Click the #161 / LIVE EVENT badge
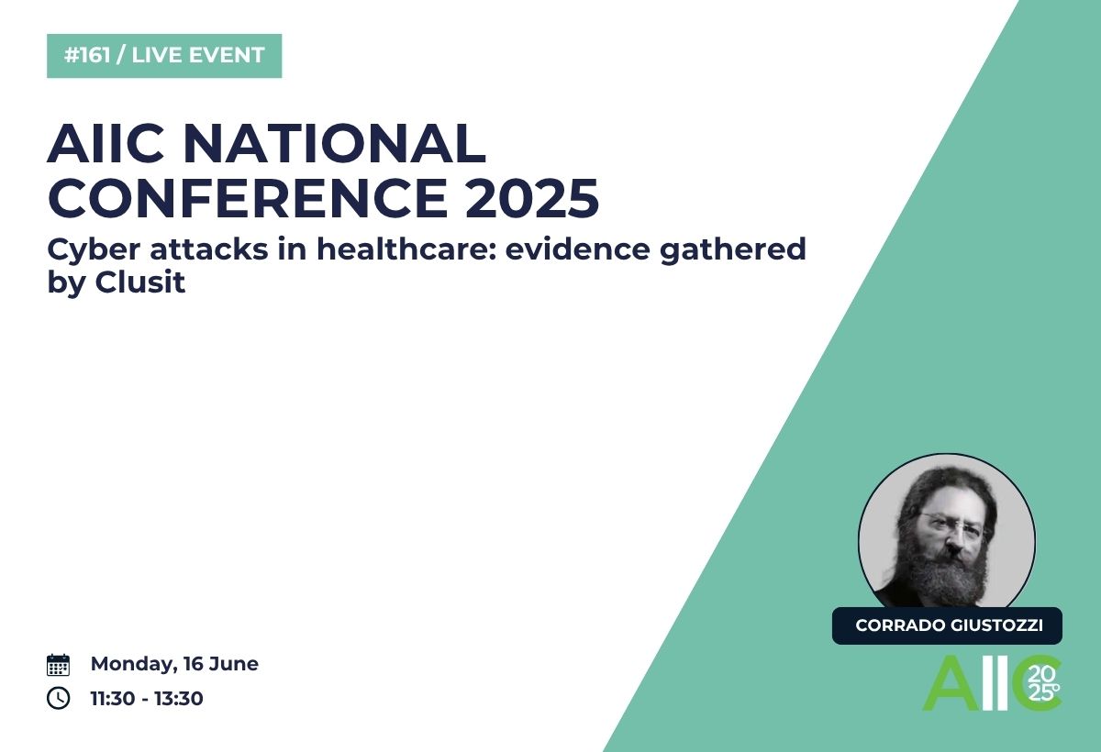[164, 56]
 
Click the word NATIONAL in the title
[336, 144]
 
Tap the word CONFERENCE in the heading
[248, 198]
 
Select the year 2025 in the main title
[532, 198]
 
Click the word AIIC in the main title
[106, 144]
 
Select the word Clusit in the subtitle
[140, 282]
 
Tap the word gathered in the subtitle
[733, 250]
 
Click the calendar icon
[58, 665]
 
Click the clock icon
[58, 698]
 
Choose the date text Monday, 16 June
[174, 664]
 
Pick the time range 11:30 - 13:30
[147, 699]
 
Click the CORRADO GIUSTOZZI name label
[947, 625]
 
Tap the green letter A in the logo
[951, 683]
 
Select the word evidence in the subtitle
[577, 249]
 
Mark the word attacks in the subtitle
[209, 249]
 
